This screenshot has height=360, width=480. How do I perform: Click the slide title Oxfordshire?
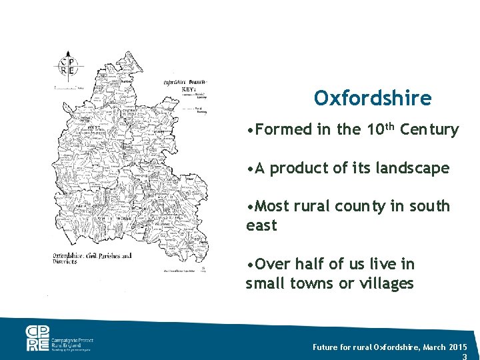point(373,99)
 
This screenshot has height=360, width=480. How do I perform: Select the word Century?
point(429,129)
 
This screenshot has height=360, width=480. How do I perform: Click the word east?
point(261,226)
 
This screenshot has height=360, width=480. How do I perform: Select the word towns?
point(311,284)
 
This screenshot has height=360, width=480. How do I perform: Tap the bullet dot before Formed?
point(249,130)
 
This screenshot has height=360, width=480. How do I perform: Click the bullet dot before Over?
point(249,265)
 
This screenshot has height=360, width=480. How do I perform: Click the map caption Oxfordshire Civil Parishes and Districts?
point(92,259)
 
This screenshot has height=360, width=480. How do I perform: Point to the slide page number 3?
point(464,357)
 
